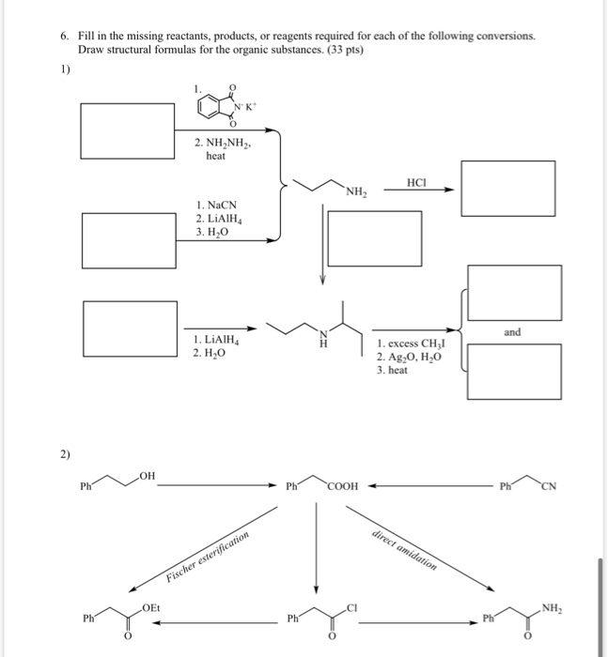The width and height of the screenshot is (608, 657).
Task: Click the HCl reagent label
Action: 417,179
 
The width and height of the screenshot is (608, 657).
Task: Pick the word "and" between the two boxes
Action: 512,332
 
